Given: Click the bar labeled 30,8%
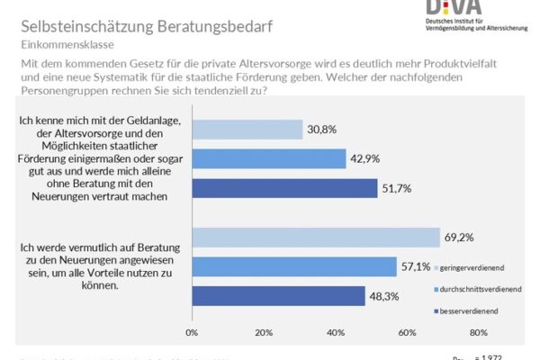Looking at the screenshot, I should (x=247, y=129).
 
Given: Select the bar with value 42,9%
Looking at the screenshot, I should (x=268, y=158).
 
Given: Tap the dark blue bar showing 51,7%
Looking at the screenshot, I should (x=284, y=187).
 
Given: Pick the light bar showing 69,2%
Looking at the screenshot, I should (x=316, y=238).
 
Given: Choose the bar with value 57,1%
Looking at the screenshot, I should (x=294, y=266).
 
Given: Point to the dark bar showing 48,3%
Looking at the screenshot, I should (x=278, y=296).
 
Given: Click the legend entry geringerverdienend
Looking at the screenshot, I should (x=469, y=267).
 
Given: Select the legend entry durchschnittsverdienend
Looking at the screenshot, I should (x=476, y=290).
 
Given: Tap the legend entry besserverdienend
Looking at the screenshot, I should (x=469, y=312).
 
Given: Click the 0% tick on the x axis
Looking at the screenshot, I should (x=192, y=332).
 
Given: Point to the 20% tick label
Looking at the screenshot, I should (x=264, y=332).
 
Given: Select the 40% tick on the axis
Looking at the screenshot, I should (x=336, y=332).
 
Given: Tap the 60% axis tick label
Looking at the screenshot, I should (x=408, y=332).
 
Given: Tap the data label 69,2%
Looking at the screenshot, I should (x=458, y=238).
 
